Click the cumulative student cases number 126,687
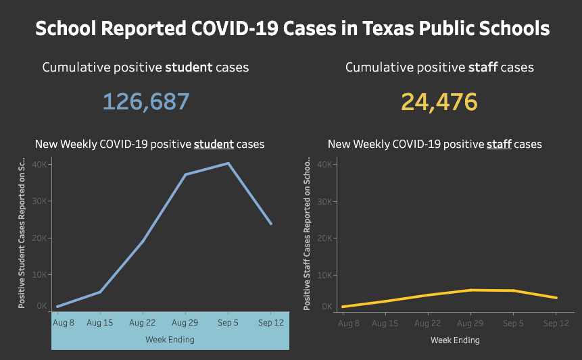coord(146,102)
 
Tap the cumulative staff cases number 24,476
coord(439,102)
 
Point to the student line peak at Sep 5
coord(228,163)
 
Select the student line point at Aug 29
coord(185,174)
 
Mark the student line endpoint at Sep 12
coord(271,224)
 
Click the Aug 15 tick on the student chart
coord(100,323)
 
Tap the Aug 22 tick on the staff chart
coord(428,324)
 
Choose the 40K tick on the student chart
coord(40,164)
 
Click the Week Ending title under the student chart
coord(170,340)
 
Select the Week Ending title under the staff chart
coord(455,340)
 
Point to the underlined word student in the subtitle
coord(214,145)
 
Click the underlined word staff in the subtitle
coord(499,145)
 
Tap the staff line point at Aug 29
coord(470,290)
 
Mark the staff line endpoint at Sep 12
coord(556,297)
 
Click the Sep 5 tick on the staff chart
coord(513,324)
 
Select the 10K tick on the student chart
coord(40,275)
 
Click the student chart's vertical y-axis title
coord(22,234)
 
